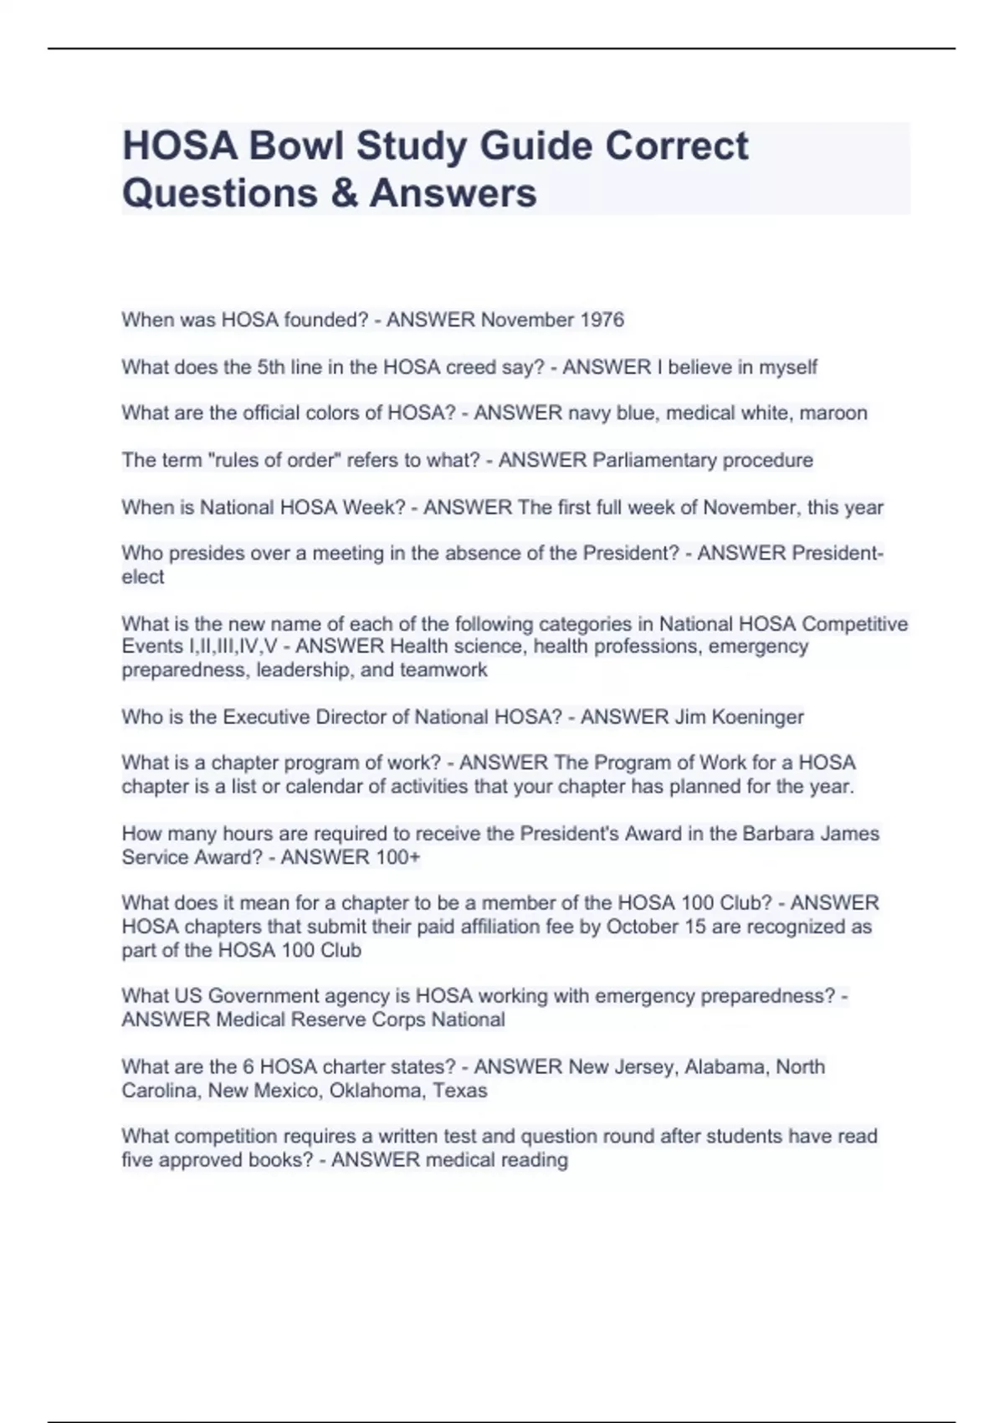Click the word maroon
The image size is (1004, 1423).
click(833, 413)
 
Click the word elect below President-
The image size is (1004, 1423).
click(142, 577)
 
